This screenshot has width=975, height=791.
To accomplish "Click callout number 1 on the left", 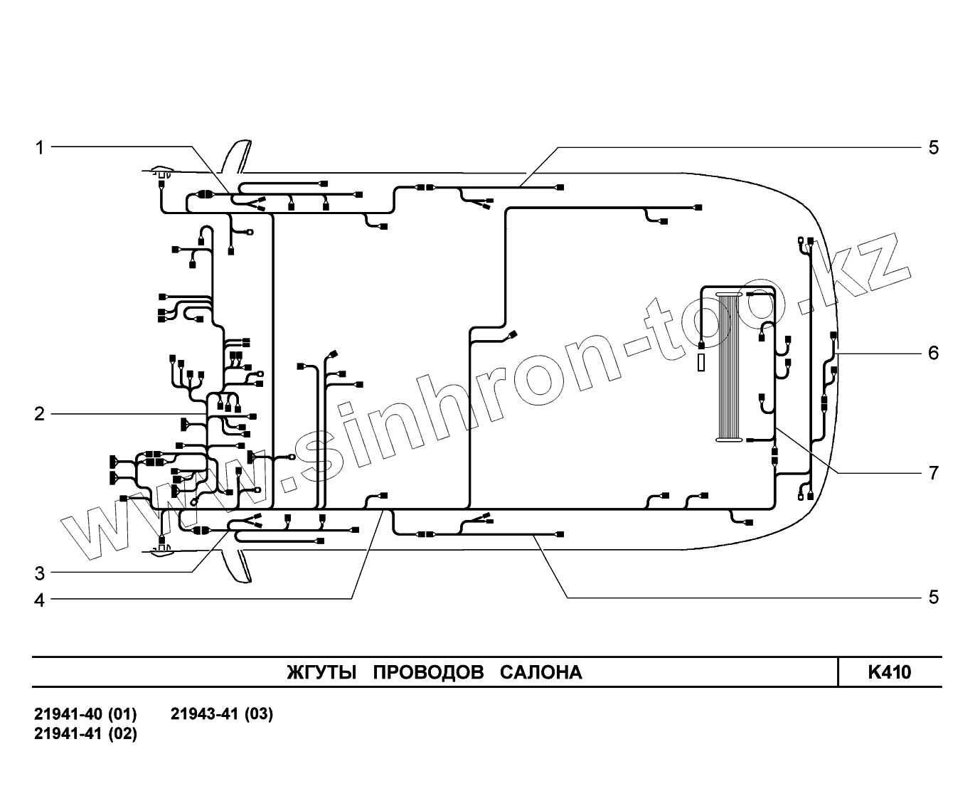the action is (40, 147).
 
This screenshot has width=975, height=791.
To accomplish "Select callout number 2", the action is (40, 414).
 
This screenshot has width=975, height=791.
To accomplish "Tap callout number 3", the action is (40, 573).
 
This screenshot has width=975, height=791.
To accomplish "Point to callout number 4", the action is (40, 600).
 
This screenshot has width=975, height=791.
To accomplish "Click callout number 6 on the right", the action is (933, 353).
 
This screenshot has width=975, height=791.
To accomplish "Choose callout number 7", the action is (933, 473).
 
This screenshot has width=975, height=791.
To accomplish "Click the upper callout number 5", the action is (933, 147).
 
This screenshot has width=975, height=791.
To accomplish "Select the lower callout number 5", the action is (933, 597).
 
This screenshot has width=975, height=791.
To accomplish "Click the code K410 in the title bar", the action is (889, 672).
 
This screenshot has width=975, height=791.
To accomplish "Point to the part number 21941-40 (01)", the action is (85, 714).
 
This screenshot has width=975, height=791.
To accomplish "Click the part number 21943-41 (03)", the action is (222, 714).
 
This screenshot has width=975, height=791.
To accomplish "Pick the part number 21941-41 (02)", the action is (85, 733).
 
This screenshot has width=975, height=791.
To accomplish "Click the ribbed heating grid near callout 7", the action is (728, 367).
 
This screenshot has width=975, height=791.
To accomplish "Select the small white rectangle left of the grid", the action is (702, 363).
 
